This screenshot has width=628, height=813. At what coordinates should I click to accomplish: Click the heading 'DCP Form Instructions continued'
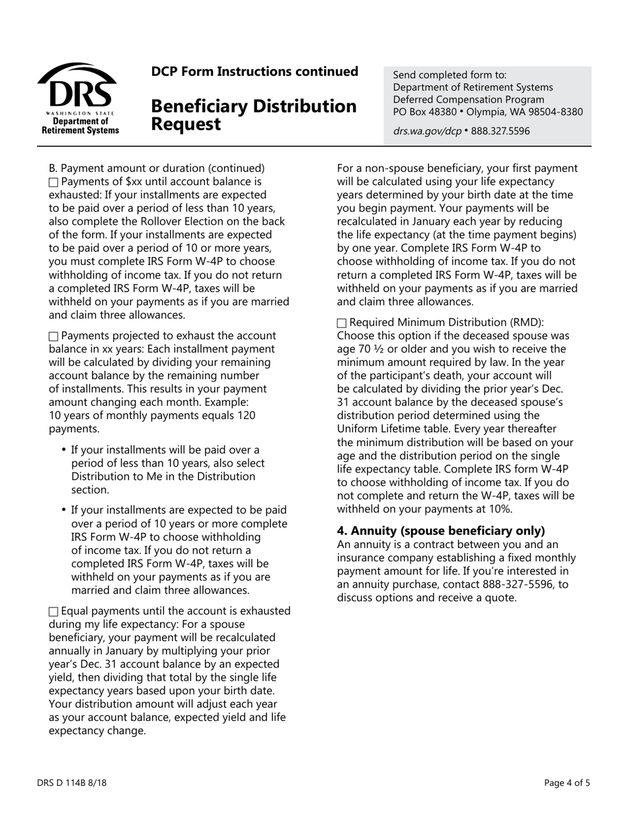255,71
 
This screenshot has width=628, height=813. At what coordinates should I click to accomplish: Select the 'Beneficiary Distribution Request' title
253,114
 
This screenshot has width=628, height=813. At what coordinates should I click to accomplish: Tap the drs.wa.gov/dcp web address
427,131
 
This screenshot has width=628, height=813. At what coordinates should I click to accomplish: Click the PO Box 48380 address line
488,112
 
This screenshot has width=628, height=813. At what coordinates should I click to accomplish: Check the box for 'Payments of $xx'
54,182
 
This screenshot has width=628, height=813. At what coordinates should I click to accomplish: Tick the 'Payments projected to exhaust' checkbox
54,336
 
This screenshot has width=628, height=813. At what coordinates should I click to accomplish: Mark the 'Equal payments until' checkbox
54,611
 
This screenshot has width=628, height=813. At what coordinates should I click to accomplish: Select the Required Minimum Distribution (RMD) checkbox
342,323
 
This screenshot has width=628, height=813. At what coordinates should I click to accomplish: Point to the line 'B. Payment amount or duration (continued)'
157,168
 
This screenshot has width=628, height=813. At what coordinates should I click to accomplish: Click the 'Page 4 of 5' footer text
567,783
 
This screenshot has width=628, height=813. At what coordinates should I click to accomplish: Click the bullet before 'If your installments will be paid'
64,450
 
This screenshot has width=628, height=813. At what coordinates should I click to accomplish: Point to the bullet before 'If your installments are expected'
64,510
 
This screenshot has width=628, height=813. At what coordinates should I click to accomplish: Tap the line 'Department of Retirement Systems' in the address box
473,87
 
